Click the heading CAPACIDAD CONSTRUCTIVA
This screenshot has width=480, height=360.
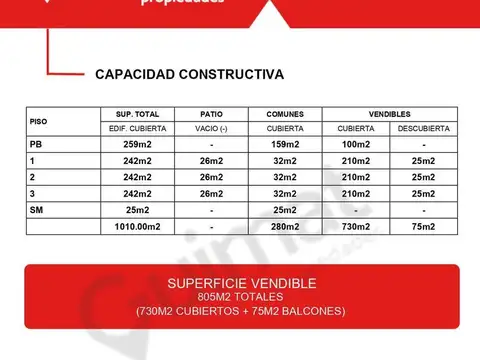click(189, 74)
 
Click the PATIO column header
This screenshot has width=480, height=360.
click(212, 115)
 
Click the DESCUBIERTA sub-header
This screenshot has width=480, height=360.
click(423, 130)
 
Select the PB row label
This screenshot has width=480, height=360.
click(37, 145)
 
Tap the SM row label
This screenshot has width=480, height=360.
click(38, 210)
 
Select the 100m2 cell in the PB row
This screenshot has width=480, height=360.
click(356, 145)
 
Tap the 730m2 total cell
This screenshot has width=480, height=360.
click(356, 226)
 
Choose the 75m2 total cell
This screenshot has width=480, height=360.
click(423, 226)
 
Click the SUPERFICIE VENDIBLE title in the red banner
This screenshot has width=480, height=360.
click(242, 283)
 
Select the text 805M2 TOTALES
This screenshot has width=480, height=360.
click(242, 297)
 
